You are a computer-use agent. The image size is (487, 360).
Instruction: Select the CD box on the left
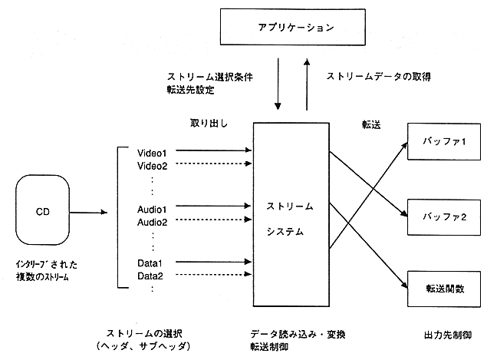pos(44,210)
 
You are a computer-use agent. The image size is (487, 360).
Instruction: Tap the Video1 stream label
pos(152,152)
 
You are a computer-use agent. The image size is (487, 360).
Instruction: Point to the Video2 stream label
pos(152,165)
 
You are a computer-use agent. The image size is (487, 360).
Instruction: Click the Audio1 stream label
pos(152,208)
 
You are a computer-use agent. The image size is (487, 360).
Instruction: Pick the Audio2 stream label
pos(152,221)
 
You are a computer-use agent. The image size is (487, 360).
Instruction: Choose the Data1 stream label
pos(150,263)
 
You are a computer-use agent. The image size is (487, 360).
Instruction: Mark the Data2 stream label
pos(150,276)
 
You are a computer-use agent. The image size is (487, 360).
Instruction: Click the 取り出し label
pos(210,123)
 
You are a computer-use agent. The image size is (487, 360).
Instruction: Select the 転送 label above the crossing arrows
pos(371,123)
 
